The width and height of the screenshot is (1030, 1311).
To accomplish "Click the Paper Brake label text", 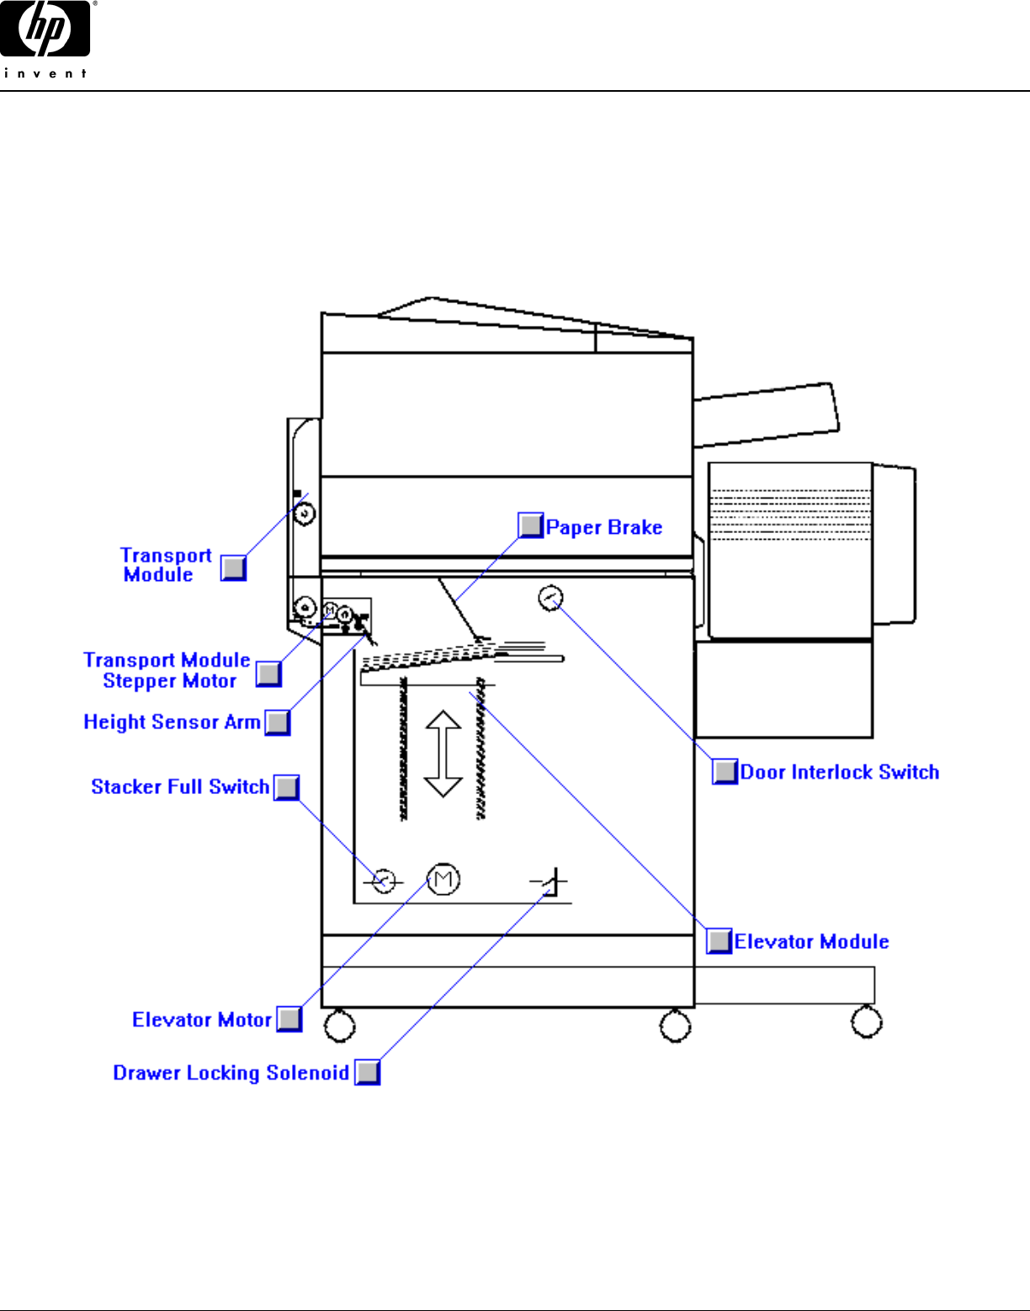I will (x=603, y=528).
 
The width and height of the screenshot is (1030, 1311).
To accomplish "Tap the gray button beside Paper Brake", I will (x=530, y=525).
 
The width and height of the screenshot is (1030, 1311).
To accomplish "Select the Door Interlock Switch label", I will (x=839, y=772).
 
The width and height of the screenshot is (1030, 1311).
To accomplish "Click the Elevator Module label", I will (x=811, y=941).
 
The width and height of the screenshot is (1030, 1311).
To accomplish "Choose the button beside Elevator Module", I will (x=719, y=941).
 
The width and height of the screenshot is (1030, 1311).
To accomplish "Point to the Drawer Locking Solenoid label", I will (x=231, y=1073).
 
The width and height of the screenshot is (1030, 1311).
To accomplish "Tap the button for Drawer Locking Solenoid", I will (x=367, y=1072).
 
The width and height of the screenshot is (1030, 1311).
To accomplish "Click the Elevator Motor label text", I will (x=201, y=1020).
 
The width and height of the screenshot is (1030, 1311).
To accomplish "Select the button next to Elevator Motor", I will (x=289, y=1019).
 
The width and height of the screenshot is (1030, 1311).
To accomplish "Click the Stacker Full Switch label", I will (x=180, y=786).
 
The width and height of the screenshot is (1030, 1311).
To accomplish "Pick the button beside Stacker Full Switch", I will (x=287, y=787).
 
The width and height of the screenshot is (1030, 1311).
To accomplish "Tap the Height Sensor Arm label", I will (x=172, y=722).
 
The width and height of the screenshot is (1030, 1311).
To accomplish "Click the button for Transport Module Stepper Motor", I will (x=268, y=674).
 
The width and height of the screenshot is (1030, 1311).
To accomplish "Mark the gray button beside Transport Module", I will (x=233, y=568).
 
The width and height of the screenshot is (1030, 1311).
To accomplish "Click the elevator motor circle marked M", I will (x=443, y=880).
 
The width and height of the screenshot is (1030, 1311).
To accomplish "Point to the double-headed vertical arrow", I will (x=443, y=754).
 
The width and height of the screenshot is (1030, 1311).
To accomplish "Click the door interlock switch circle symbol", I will (x=550, y=598).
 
